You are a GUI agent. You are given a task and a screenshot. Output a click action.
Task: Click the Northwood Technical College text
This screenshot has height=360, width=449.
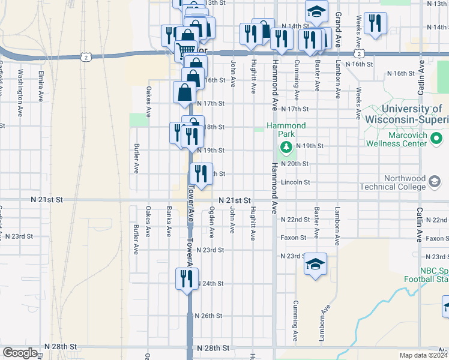pyautogui.click(x=394, y=182)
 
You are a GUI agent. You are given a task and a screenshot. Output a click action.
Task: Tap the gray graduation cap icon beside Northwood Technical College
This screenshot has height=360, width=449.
pyautogui.click(x=435, y=181)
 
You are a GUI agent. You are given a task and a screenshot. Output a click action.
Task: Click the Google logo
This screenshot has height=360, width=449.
pyautogui.click(x=20, y=353)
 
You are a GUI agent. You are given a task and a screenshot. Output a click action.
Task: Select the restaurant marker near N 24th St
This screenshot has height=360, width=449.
pyautogui.click(x=186, y=278)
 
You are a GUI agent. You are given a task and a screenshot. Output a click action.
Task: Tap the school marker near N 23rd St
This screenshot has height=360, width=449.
pyautogui.click(x=315, y=265)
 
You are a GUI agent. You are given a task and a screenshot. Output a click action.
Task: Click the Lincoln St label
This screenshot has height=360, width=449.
pyautogui.click(x=295, y=182)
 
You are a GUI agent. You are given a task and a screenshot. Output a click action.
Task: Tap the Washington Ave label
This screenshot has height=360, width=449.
pyautogui.click(x=20, y=93)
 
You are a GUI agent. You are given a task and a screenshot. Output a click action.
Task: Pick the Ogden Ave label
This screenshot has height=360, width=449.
pyautogui.click(x=212, y=221)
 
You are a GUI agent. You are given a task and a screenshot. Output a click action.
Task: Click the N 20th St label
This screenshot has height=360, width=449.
pyautogui.click(x=295, y=164)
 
